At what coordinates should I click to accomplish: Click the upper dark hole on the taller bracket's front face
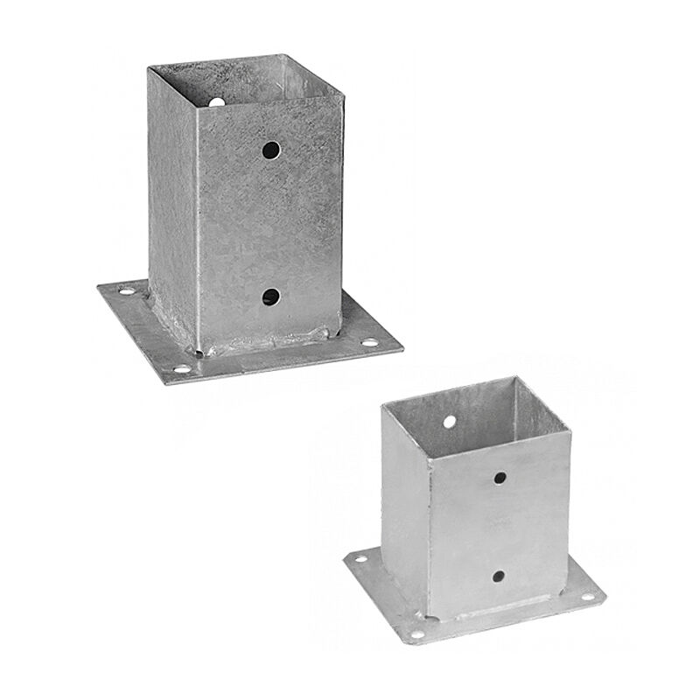273,150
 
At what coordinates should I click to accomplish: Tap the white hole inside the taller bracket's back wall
213,103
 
